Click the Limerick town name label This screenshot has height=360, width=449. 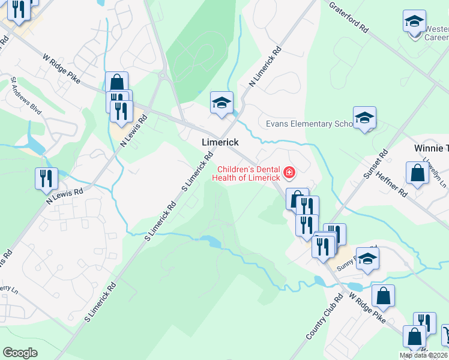(x=220, y=142)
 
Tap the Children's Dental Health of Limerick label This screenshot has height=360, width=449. (x=249, y=173)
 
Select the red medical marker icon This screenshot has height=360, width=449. (x=289, y=173)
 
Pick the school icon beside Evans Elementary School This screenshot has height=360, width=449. (x=364, y=118)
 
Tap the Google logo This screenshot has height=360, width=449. (x=20, y=352)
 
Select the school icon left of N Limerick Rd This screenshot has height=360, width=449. (x=221, y=103)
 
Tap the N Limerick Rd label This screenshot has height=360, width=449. (x=265, y=66)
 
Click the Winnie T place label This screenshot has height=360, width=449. (x=431, y=148)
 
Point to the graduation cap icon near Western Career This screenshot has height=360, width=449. (x=414, y=22)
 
